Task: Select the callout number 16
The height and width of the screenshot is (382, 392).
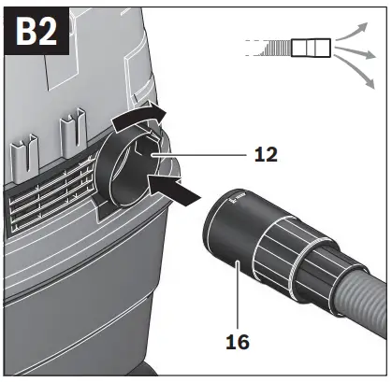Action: pyautogui.click(x=239, y=343)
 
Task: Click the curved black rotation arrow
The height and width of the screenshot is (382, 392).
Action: pyautogui.click(x=141, y=120)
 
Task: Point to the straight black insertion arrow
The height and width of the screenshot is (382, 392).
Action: pyautogui.click(x=178, y=191)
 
